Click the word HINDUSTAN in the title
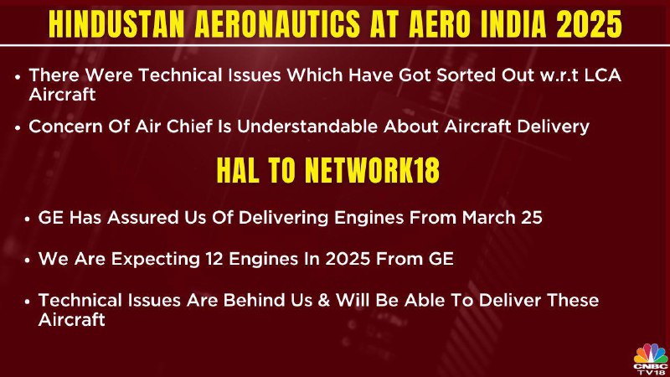[x=116, y=23]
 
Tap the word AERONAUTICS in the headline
[x=277, y=23]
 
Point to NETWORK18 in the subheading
[x=372, y=170]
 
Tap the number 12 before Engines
[x=214, y=259]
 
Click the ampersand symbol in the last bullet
[x=324, y=300]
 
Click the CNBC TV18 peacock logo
[x=651, y=359]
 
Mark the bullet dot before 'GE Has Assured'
[x=28, y=219]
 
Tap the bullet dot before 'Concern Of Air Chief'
[x=18, y=127]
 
